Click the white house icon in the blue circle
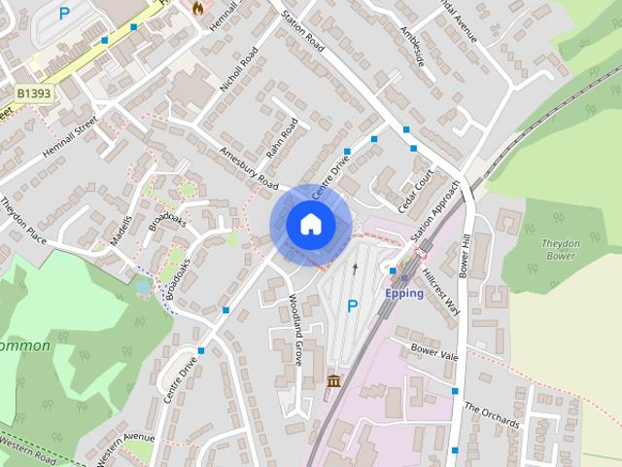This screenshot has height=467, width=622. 310,224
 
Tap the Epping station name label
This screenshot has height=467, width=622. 404,293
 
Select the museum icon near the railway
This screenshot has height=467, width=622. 334,380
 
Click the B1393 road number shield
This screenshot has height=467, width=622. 34,92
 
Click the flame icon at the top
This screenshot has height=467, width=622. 198,7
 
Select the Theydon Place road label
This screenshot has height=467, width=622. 23,223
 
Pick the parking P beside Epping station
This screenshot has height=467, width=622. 353,305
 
